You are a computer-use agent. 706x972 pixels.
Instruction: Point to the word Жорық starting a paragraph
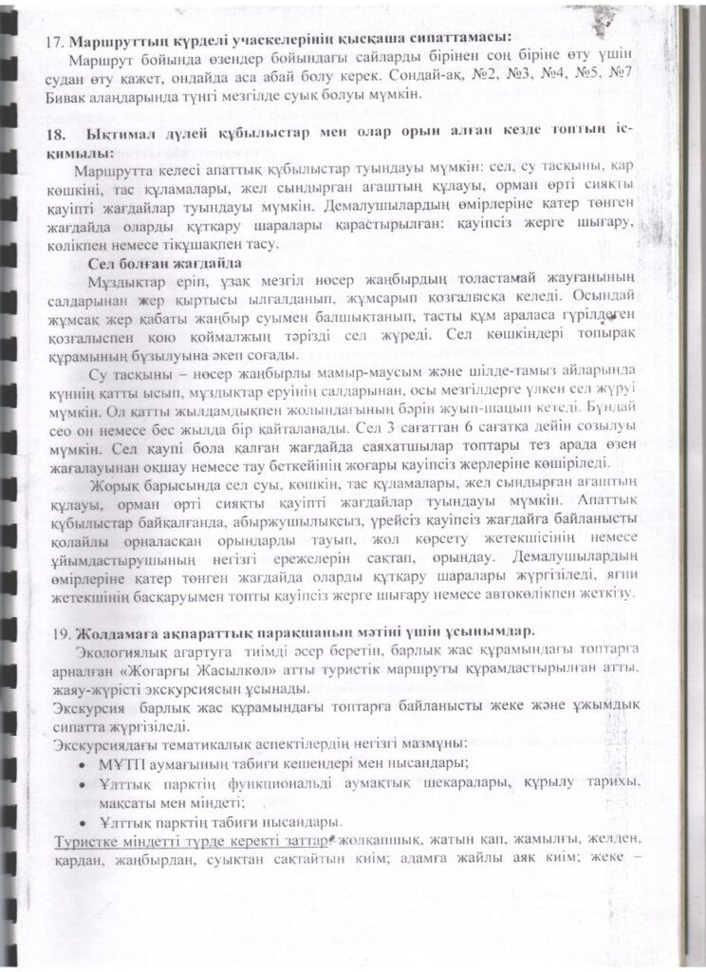(120, 481)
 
